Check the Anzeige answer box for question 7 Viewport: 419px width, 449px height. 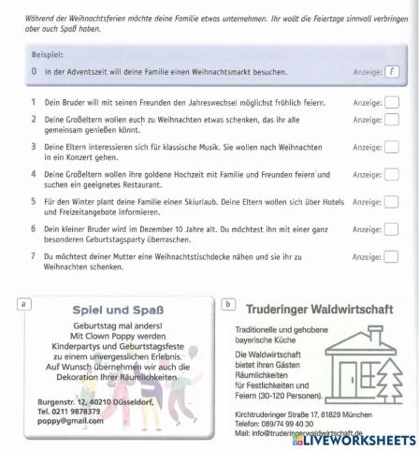tap(391, 255)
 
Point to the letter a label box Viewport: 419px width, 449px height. tap(23, 302)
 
